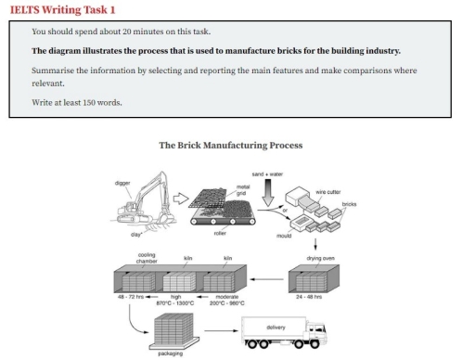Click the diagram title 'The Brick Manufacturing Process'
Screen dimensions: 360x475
pos(231,146)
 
